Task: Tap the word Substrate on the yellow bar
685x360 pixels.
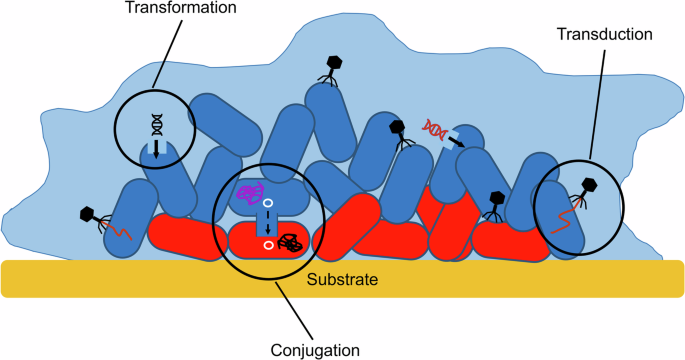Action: pos(342,280)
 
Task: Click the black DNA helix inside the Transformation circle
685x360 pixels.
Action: pos(156,123)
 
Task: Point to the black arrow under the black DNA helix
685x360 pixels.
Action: pos(156,149)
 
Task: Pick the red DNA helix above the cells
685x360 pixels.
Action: pos(435,127)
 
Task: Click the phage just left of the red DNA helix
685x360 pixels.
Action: pos(396,131)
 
